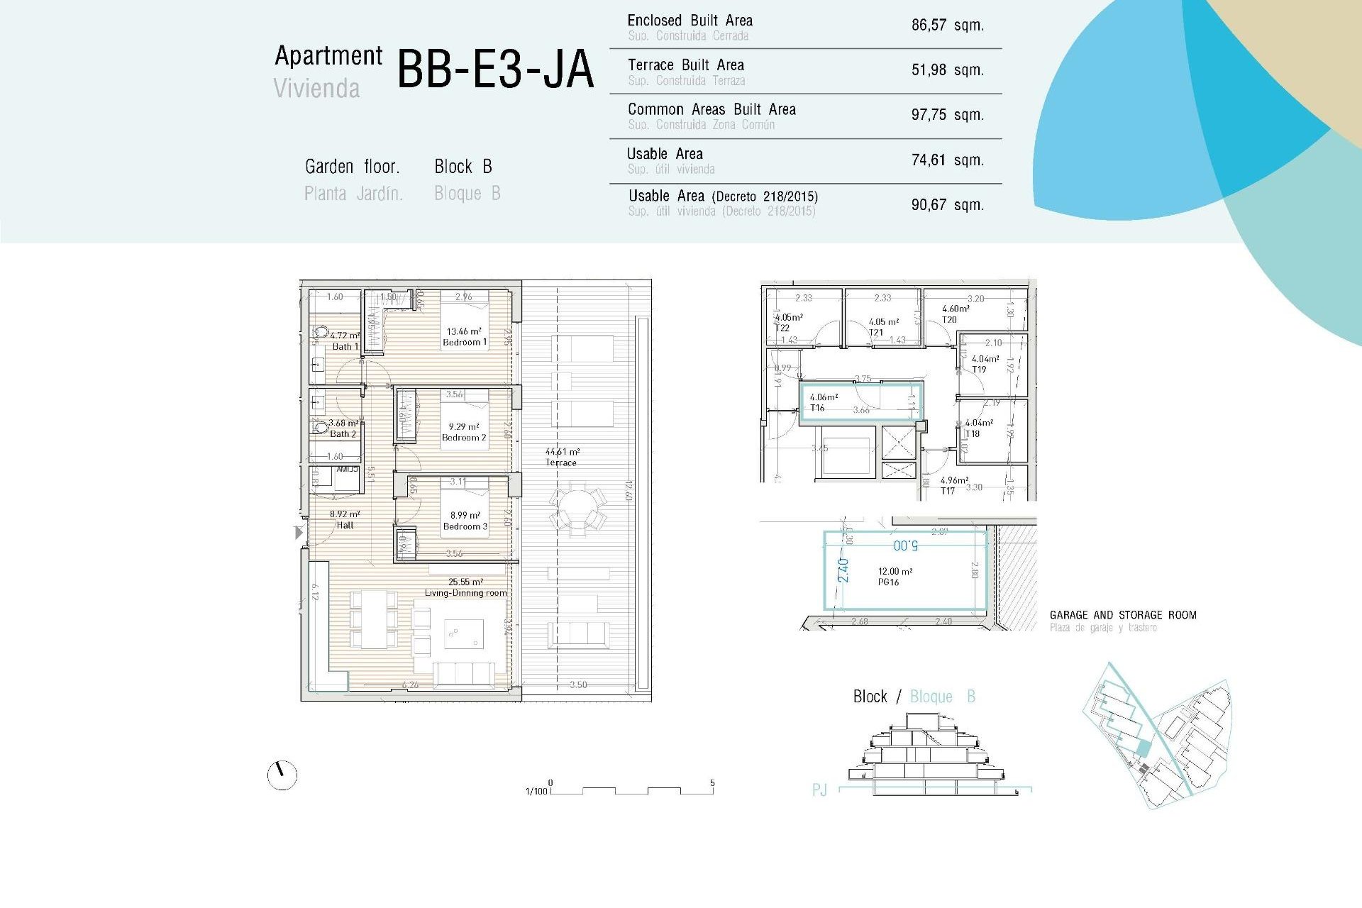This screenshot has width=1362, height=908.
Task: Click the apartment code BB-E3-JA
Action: [x=494, y=70]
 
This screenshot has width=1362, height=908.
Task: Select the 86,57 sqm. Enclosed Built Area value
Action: [x=947, y=26]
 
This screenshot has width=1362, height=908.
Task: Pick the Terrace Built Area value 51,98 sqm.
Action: [x=947, y=70]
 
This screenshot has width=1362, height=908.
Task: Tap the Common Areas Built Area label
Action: [x=712, y=110]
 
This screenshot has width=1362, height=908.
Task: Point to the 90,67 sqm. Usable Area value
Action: [x=947, y=205]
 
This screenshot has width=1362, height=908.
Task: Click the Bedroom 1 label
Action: [x=465, y=342]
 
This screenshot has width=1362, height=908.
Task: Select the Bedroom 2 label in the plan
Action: [x=464, y=438]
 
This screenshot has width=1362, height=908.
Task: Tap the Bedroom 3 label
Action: [x=465, y=526]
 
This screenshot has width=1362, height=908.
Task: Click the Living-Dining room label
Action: [x=465, y=592]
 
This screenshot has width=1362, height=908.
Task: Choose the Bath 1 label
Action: [x=345, y=346]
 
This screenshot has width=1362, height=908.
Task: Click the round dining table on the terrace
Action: [x=577, y=508]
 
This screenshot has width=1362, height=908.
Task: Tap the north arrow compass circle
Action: [x=282, y=775]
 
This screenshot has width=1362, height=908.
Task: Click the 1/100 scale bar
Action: [x=631, y=790]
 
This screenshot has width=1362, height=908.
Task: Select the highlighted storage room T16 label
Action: [x=818, y=408]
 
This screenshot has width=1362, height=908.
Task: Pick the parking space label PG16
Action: [x=888, y=582]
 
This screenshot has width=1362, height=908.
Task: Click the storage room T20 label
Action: [x=949, y=320]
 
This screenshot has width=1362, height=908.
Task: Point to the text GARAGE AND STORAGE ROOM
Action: [x=1122, y=615]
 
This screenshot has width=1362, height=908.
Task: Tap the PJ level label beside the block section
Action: [x=819, y=790]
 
